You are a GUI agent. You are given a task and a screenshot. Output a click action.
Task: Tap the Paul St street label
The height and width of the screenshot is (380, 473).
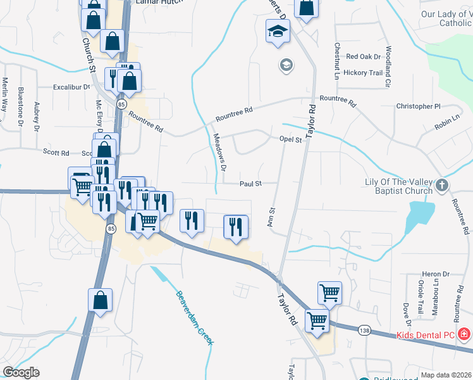click(x=250, y=184)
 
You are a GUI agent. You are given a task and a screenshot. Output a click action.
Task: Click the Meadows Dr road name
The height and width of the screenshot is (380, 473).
click(x=219, y=152)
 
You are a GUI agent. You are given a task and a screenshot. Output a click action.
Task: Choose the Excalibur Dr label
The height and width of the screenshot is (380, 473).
click(x=72, y=87)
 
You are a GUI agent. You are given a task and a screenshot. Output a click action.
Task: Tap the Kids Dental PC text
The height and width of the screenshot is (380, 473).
click(x=424, y=334)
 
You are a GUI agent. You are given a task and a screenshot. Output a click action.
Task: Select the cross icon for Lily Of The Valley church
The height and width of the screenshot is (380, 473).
click(x=442, y=186)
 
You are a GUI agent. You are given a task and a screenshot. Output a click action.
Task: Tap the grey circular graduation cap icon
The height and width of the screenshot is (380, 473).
click(x=286, y=64)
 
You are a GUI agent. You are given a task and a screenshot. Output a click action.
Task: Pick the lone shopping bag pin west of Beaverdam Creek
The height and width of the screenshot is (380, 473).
click(x=101, y=301)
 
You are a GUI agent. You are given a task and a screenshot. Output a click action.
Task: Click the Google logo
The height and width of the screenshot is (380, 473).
click(x=21, y=372)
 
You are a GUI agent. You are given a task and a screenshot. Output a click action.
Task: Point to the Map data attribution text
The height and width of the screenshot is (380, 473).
click(x=446, y=375)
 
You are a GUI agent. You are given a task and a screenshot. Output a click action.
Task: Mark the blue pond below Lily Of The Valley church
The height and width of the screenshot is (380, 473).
click(x=418, y=215)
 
